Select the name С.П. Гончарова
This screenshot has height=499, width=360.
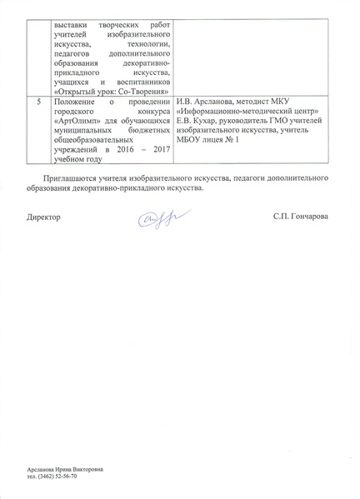[300, 217]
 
